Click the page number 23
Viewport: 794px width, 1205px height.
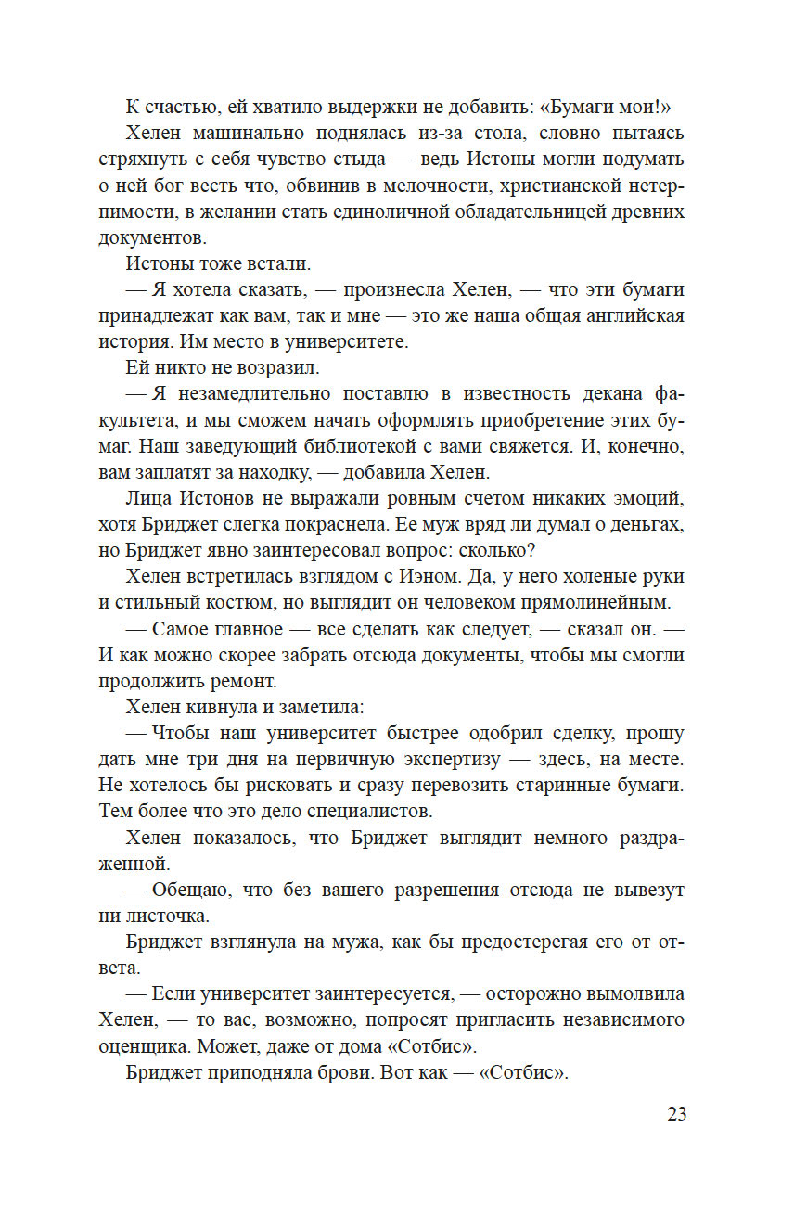pyautogui.click(x=676, y=1114)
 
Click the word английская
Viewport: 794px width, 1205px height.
pyautogui.click(x=623, y=315)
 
